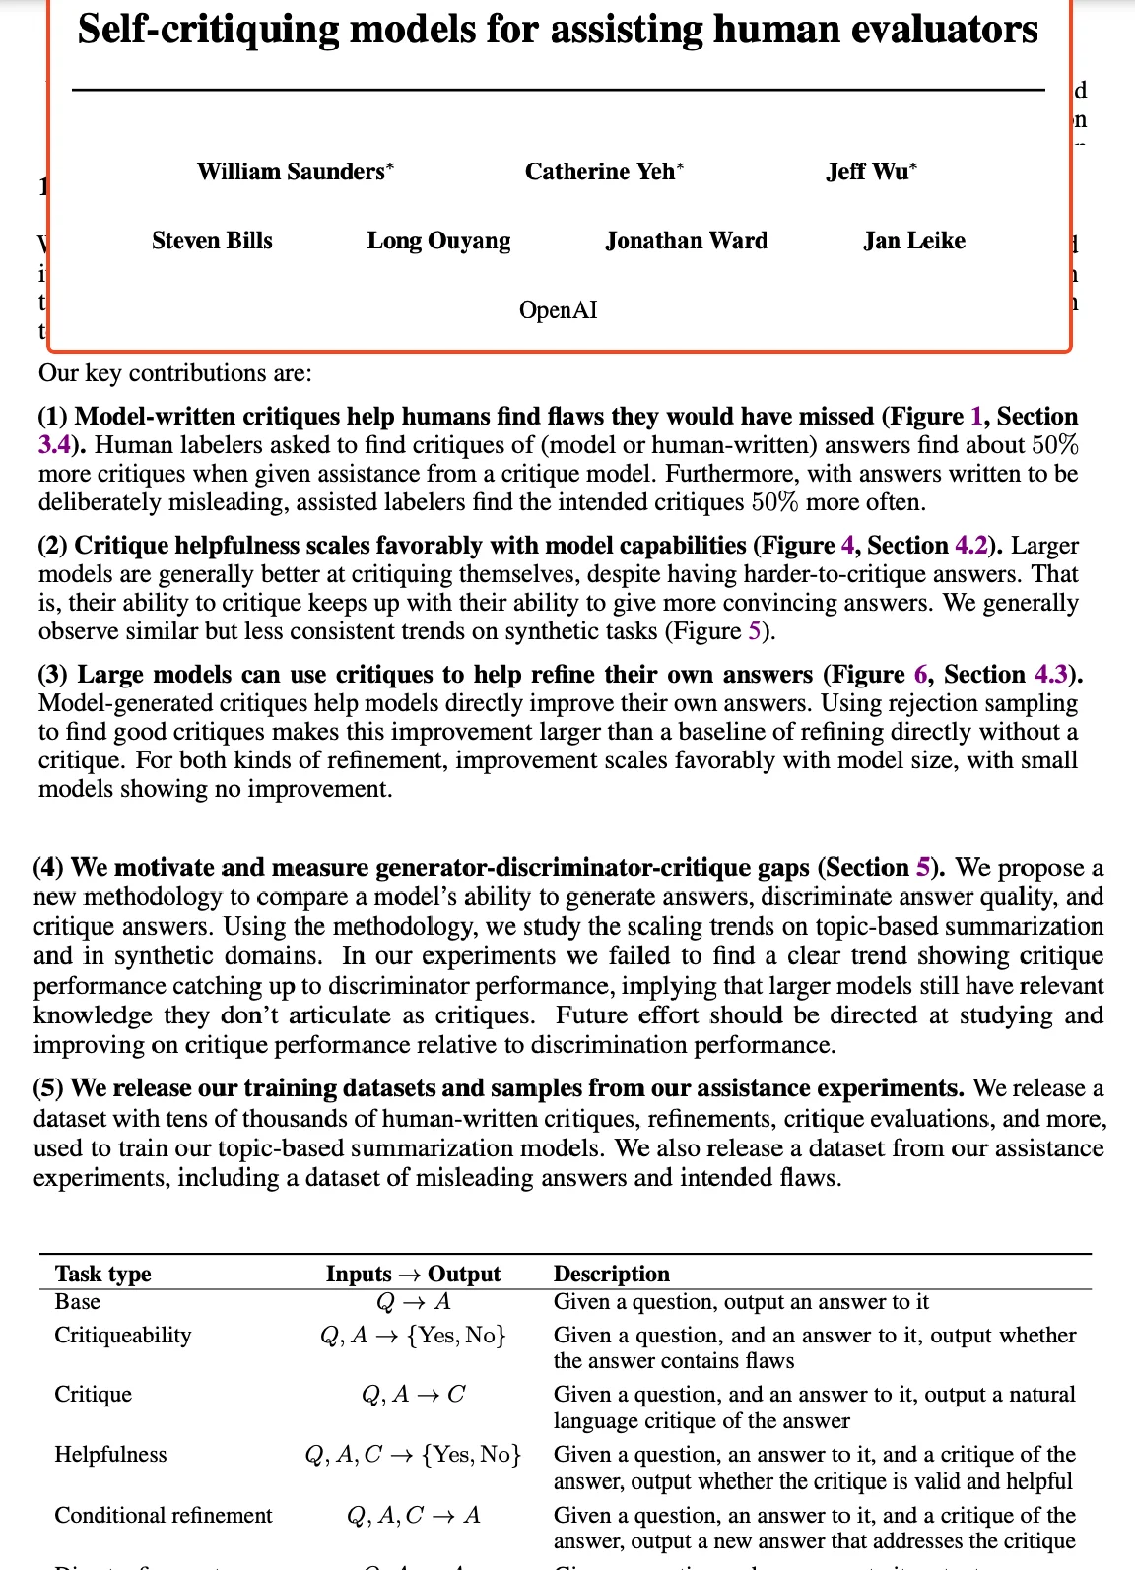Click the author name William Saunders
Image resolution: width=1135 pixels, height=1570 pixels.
tap(292, 171)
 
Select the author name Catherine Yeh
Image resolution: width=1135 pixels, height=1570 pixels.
tap(600, 171)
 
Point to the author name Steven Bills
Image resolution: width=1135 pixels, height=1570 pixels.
tap(212, 240)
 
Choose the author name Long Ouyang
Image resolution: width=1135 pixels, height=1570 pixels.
tap(438, 240)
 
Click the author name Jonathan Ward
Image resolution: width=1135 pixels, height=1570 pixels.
tap(686, 240)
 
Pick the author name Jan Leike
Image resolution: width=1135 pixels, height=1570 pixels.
tap(914, 240)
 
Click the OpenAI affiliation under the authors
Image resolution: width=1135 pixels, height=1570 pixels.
tap(559, 310)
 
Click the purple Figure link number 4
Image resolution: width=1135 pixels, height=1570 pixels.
tap(847, 546)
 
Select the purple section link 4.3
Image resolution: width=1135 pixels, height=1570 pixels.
tap(1051, 675)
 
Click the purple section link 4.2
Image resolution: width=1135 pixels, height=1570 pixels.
tap(971, 546)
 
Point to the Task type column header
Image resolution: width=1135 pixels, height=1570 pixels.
tap(103, 1274)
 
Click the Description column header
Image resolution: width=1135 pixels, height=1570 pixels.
tap(611, 1274)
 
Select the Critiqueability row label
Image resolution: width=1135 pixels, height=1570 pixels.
tap(123, 1335)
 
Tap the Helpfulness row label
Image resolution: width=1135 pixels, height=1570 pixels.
tap(110, 1454)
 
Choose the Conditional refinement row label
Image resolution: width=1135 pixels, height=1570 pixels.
tap(164, 1515)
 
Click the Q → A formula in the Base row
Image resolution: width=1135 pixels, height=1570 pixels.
tap(414, 1302)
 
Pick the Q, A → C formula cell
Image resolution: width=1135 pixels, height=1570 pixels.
tap(414, 1394)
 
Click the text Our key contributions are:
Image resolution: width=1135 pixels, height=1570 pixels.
tap(174, 373)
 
